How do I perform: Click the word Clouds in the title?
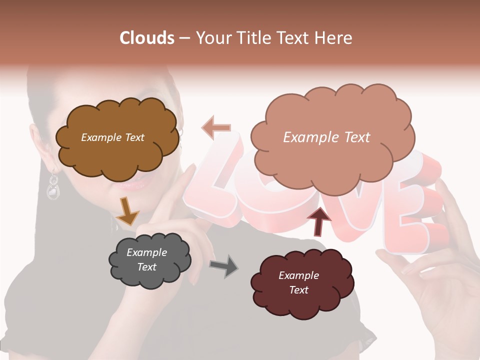(147, 38)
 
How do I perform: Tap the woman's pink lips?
(131, 186)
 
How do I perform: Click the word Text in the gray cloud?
(147, 267)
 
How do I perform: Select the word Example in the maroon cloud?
(298, 275)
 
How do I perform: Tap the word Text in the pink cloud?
(354, 137)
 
